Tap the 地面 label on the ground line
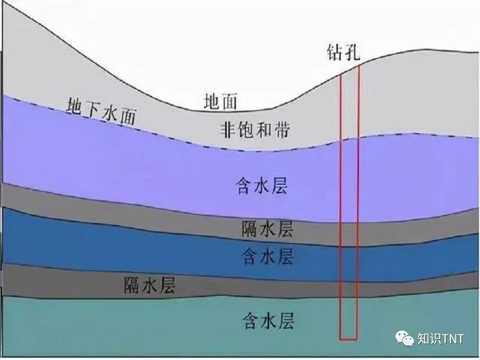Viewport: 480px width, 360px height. (221, 102)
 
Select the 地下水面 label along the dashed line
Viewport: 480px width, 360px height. (100, 112)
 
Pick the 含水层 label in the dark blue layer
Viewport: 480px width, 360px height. (268, 256)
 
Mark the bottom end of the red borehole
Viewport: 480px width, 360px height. (349, 338)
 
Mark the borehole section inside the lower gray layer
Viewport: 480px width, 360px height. (349, 287)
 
